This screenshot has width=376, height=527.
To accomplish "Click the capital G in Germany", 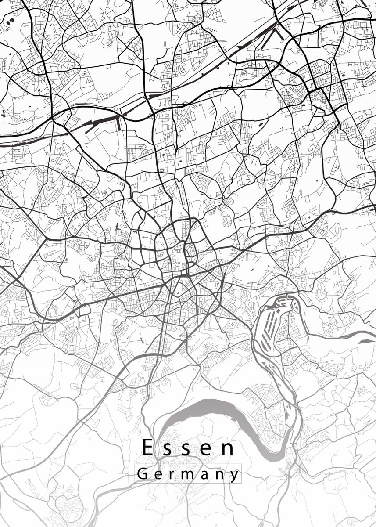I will (142, 474).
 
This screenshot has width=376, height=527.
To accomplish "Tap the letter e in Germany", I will (158, 475).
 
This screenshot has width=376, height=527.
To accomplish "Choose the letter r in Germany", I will (172, 475).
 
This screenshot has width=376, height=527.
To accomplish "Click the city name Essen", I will (188, 448).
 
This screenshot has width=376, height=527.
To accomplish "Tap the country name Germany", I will (188, 475).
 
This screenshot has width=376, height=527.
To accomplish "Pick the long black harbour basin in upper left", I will (103, 123).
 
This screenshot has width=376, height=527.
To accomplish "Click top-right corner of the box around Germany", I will (242, 464).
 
